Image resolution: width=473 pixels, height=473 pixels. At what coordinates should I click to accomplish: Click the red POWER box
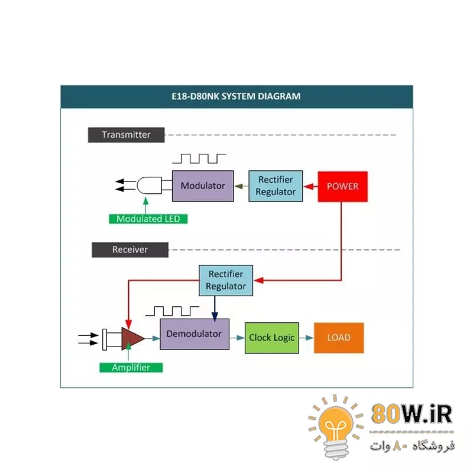click(x=343, y=186)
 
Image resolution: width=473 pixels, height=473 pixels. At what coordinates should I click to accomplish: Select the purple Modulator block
click(x=203, y=186)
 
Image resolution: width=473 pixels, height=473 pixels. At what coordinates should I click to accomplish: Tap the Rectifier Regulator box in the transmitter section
click(x=276, y=186)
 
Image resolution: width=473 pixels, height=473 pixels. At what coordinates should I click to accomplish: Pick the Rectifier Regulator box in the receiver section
click(x=226, y=280)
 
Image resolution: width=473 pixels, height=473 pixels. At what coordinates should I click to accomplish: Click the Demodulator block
click(x=194, y=333)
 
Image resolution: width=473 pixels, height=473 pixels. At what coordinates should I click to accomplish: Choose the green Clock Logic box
click(x=272, y=338)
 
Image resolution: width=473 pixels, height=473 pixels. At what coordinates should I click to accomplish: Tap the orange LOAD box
click(x=338, y=338)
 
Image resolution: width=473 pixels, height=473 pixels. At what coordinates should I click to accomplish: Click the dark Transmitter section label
click(x=126, y=135)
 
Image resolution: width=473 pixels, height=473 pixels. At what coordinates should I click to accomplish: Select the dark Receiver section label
click(x=130, y=250)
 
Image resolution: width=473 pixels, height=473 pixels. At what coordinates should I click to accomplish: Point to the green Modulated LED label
click(x=148, y=219)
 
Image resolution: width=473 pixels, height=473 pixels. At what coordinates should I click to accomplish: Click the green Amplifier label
click(x=131, y=367)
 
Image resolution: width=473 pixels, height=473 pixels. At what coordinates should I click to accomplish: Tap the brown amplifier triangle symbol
click(x=132, y=338)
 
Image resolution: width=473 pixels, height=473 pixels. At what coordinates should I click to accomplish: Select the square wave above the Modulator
click(x=199, y=158)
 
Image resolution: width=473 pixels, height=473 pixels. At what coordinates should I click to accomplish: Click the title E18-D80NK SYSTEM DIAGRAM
click(x=237, y=96)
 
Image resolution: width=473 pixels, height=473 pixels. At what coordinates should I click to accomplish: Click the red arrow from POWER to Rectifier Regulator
click(x=310, y=186)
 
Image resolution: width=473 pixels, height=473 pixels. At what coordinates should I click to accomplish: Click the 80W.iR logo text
click(x=412, y=414)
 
